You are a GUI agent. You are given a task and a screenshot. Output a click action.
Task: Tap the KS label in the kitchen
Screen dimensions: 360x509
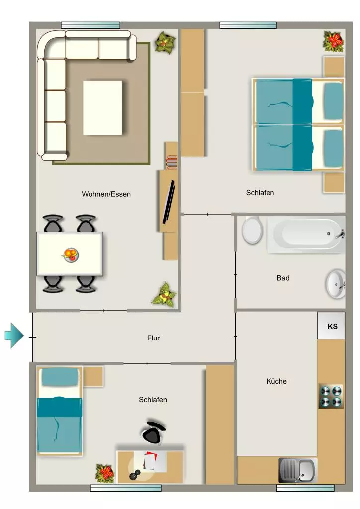pyautogui.click(x=333, y=326)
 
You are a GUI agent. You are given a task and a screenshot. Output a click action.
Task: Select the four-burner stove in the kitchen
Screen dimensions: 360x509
pyautogui.click(x=331, y=396)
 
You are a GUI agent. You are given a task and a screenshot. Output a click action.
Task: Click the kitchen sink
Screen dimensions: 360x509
pyautogui.click(x=298, y=470)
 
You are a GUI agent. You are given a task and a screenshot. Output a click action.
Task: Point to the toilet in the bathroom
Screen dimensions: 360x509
pyautogui.click(x=252, y=230)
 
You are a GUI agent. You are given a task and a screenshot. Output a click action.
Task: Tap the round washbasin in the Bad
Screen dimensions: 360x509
pyautogui.click(x=336, y=284)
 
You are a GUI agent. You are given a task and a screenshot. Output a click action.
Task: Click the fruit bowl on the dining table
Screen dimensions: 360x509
pyautogui.click(x=71, y=254)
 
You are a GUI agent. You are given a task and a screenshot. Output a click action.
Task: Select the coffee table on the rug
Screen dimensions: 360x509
pyautogui.click(x=102, y=107)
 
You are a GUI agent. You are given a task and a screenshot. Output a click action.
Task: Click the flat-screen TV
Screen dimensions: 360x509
pyautogui.click(x=169, y=202)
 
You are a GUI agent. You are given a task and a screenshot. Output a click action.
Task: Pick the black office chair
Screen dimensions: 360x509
pyautogui.click(x=153, y=432)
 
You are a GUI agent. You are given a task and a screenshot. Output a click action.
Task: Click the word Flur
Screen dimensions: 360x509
pyautogui.click(x=153, y=338)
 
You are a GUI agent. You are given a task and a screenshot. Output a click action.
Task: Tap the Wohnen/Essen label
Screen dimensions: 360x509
pyautogui.click(x=106, y=194)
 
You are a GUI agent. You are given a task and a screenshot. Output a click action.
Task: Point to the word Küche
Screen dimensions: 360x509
pyautogui.click(x=276, y=381)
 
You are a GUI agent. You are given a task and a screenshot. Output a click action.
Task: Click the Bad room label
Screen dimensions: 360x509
pyautogui.click(x=283, y=278)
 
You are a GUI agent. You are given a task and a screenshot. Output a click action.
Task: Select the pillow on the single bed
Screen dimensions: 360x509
pyautogui.click(x=60, y=377)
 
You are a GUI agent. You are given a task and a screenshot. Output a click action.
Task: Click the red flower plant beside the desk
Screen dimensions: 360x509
pyautogui.click(x=104, y=473)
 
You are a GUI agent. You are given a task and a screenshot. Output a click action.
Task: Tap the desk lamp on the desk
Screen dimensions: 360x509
pyautogui.click(x=135, y=474)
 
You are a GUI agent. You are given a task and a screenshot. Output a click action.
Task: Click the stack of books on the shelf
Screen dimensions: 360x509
pyautogui.click(x=172, y=162)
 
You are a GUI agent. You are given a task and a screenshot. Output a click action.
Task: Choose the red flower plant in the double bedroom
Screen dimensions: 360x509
pyautogui.click(x=333, y=42)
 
